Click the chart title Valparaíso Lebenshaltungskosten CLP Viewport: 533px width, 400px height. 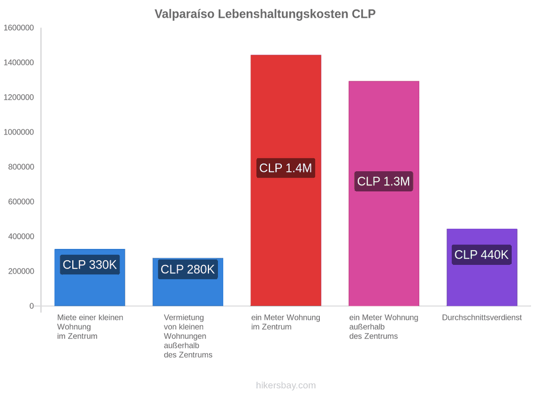(x=265, y=14)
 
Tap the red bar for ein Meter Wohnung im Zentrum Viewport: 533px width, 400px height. (x=286, y=180)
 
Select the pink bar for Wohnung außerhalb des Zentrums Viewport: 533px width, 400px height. (x=384, y=194)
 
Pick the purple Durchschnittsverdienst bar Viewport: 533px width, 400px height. (x=482, y=267)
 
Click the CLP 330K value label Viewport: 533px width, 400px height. (x=90, y=265)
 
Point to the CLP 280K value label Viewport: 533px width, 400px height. (x=188, y=270)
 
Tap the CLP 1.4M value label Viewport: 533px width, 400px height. (x=285, y=168)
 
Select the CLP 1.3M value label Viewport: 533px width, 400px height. (x=383, y=181)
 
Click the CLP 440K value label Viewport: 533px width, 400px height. (x=481, y=254)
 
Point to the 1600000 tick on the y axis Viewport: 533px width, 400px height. (x=19, y=28)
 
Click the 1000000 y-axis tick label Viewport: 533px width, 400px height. (x=19, y=132)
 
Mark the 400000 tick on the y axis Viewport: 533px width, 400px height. (x=21, y=236)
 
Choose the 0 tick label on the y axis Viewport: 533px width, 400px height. (x=31, y=306)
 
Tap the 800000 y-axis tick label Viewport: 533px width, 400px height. (x=21, y=167)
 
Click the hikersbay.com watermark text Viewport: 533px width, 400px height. (x=286, y=385)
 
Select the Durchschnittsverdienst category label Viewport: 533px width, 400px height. (x=481, y=318)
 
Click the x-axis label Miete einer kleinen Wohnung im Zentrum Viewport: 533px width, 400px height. (x=90, y=327)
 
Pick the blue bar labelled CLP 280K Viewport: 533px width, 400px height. (x=188, y=282)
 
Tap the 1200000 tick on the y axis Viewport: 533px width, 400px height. (x=19, y=97)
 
